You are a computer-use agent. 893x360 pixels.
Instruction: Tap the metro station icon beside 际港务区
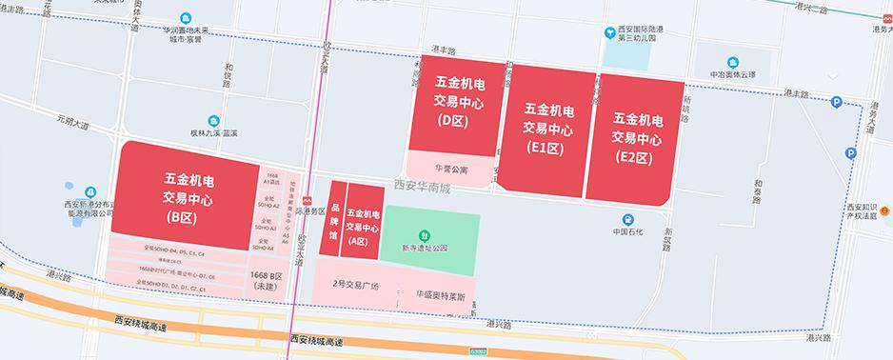[305, 200]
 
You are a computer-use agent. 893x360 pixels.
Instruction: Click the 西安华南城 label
[425, 189]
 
